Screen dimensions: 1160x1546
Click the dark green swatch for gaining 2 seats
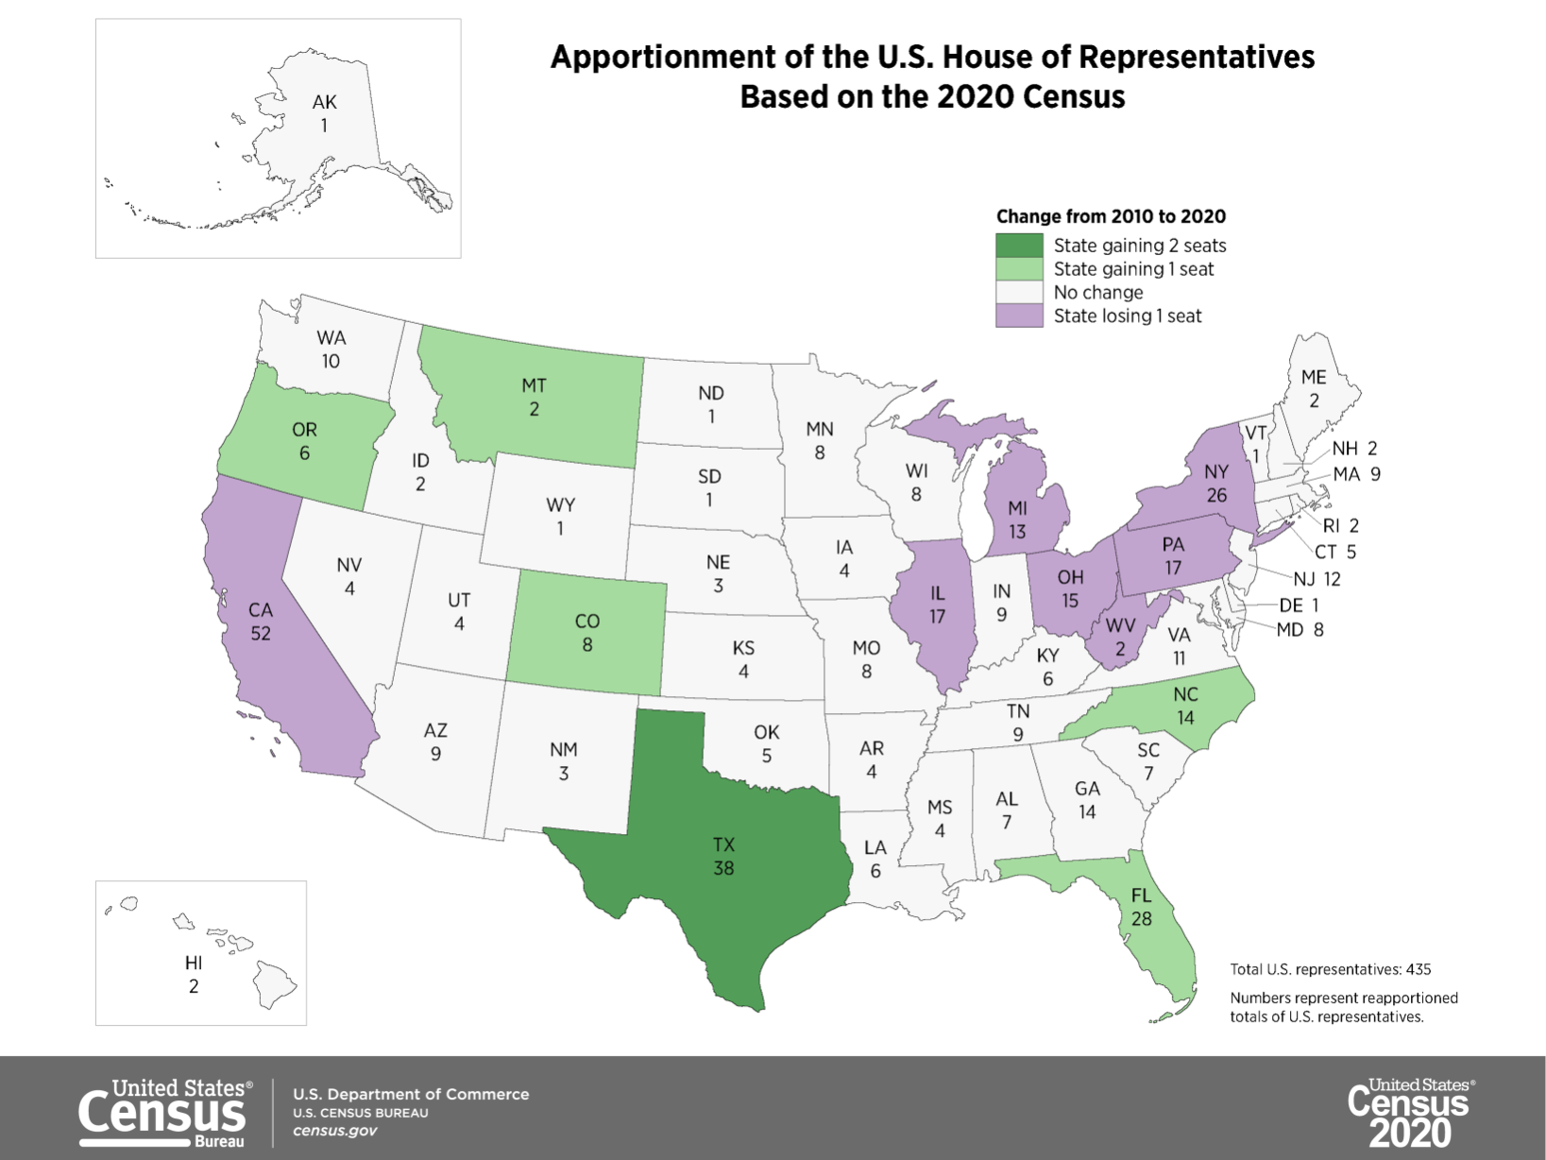[1019, 246]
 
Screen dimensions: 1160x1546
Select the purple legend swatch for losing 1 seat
[1019, 316]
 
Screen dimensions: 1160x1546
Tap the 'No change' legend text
[1097, 293]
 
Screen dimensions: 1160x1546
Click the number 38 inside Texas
[723, 868]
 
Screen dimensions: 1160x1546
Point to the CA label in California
[261, 610]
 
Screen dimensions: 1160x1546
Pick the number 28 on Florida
[1141, 918]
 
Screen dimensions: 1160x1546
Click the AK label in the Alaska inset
[324, 102]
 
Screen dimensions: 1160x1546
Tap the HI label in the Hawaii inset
[194, 963]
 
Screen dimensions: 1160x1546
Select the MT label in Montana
[534, 385]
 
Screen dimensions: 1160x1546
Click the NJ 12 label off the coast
[1317, 579]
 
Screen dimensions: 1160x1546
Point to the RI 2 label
[1340, 525]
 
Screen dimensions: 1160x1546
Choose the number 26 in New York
[1216, 495]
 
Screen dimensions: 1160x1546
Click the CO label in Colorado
[586, 622]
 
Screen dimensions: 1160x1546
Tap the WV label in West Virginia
[1120, 625]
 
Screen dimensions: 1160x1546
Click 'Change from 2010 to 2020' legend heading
[1111, 216]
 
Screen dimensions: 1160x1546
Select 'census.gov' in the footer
[334, 1131]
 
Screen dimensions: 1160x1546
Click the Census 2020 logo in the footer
[1409, 1113]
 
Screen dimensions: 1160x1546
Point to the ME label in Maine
[1313, 377]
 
